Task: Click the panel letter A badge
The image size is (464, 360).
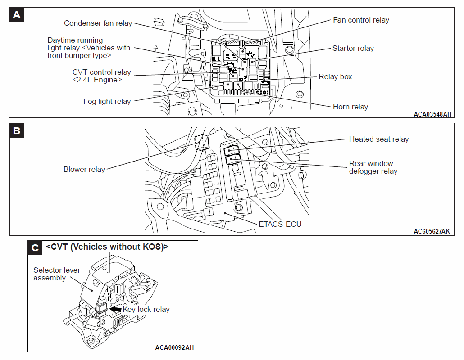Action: point(17,15)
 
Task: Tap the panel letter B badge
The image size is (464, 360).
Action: point(17,131)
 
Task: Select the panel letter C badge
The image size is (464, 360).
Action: point(35,247)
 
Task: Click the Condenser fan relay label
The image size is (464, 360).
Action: point(98,23)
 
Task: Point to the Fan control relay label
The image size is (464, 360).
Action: point(361,20)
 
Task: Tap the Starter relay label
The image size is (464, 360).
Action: point(353,48)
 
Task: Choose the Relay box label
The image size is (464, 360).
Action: point(335,76)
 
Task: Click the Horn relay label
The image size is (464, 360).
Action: point(350,107)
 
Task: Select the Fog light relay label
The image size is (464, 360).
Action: point(107,101)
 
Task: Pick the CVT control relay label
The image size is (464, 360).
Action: point(101,76)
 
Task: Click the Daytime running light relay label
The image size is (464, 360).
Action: point(89,48)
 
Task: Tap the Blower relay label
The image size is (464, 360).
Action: point(84,170)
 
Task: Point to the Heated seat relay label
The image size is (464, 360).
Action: point(378,139)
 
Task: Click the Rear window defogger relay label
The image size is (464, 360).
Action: point(373,167)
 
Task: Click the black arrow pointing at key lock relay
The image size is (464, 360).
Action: point(116,309)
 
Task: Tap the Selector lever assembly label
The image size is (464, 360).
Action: point(57,274)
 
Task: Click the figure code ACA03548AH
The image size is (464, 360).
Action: point(432,114)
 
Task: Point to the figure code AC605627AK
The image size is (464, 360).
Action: point(432,231)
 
